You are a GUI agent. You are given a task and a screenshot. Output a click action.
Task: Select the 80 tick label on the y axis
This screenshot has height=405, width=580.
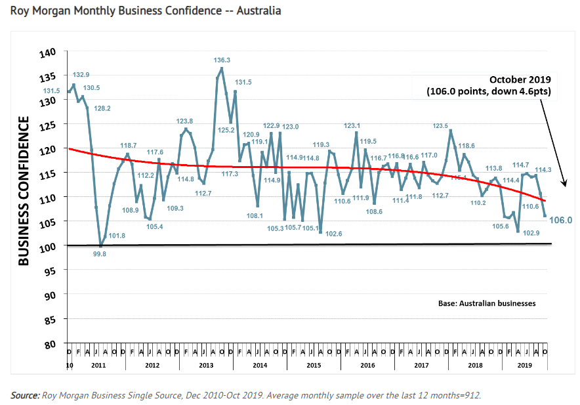click(x=51, y=345)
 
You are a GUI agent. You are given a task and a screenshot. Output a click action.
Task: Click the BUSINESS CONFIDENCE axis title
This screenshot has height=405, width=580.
click(x=24, y=191)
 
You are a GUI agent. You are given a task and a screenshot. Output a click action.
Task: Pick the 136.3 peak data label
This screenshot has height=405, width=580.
click(x=222, y=60)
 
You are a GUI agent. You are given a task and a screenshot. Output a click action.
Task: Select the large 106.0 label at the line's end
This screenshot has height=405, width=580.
click(x=561, y=221)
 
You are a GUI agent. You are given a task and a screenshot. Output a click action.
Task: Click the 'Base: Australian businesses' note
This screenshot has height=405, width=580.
click(x=487, y=304)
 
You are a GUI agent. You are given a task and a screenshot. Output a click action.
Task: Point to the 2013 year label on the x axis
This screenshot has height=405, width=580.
click(x=205, y=364)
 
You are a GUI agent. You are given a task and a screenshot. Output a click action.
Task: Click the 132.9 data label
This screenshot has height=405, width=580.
click(x=81, y=75)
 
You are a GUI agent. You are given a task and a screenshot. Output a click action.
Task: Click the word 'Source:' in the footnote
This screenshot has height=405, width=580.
click(x=25, y=395)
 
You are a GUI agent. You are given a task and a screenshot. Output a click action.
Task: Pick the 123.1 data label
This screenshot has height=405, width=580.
click(x=352, y=125)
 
